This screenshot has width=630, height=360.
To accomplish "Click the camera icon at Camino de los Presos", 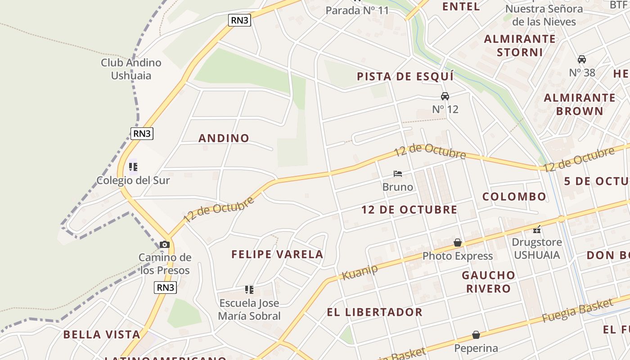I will click(x=165, y=244).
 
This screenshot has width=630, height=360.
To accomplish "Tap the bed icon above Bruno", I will click(x=397, y=174).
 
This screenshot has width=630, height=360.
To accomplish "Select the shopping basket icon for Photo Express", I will click(x=458, y=243).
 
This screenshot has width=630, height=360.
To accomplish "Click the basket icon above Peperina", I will click(x=476, y=335).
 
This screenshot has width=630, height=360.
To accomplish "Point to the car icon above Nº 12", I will click(x=445, y=96).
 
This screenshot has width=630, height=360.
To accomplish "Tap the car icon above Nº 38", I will click(x=582, y=59).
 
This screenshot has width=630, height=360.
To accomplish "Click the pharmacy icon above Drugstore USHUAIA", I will click(x=537, y=229).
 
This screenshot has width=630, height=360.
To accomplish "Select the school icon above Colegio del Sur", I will click(x=133, y=167).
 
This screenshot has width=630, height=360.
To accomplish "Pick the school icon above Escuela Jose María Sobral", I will click(x=249, y=290).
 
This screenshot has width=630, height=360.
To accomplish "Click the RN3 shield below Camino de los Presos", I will click(x=165, y=288).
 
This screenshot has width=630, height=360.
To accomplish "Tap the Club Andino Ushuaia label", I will click(x=131, y=69).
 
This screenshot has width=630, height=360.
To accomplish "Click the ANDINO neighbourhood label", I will click(x=224, y=138).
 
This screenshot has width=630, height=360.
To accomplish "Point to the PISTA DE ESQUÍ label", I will click(x=405, y=76).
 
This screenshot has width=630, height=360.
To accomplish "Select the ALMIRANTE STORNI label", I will click(x=520, y=45).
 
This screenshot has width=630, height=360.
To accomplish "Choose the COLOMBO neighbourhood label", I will click(x=514, y=197).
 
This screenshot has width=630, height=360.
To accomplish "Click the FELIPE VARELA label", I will click(x=277, y=254).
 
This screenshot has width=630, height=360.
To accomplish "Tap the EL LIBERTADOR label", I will click(x=374, y=312).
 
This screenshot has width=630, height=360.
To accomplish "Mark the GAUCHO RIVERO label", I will click(x=489, y=282).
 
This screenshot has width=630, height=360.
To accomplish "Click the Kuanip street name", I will click(x=360, y=272).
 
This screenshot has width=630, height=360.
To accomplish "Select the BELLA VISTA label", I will click(x=102, y=335).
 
